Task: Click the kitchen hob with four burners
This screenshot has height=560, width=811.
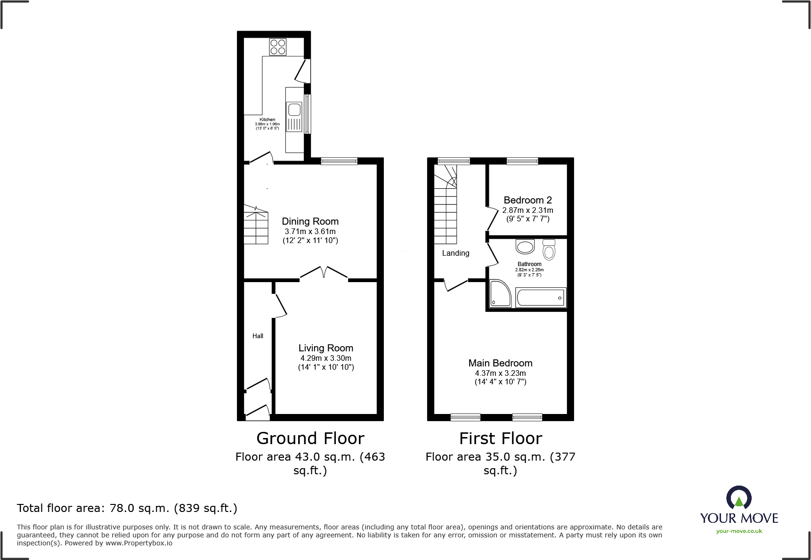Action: pyautogui.click(x=278, y=47)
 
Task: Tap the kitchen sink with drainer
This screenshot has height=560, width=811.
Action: pyautogui.click(x=294, y=116)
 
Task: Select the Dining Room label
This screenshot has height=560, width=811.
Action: pyautogui.click(x=310, y=221)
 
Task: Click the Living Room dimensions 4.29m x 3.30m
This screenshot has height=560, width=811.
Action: pyautogui.click(x=326, y=358)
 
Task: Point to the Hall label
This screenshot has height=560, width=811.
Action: pyautogui.click(x=258, y=336)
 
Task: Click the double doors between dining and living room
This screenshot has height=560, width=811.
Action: pyautogui.click(x=324, y=273)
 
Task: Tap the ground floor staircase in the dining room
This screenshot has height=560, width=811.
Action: pyautogui.click(x=256, y=226)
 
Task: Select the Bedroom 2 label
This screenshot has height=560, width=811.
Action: pyautogui.click(x=527, y=200)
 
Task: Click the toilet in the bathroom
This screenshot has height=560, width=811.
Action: pyautogui.click(x=549, y=250)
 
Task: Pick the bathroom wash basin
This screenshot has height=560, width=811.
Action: pyautogui.click(x=525, y=247)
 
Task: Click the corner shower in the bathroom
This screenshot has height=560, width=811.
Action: pyautogui.click(x=500, y=293)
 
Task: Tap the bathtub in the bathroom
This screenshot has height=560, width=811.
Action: pyautogui.click(x=541, y=298)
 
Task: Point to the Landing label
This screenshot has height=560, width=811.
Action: pyautogui.click(x=455, y=253)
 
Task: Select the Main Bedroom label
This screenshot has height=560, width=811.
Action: pyautogui.click(x=500, y=363)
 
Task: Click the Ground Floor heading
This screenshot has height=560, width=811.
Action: pyautogui.click(x=310, y=438)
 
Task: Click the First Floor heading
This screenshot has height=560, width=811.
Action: pyautogui.click(x=501, y=438)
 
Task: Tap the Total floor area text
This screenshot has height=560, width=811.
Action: pyautogui.click(x=127, y=508)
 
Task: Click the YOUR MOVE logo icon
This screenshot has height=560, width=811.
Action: pyautogui.click(x=738, y=498)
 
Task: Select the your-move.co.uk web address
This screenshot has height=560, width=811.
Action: pyautogui.click(x=739, y=531)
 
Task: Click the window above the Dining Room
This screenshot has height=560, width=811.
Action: pyautogui.click(x=339, y=161)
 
